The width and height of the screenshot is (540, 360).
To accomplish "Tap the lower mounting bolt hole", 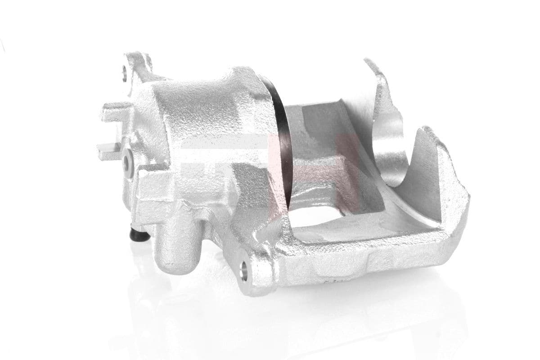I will tap(244, 271).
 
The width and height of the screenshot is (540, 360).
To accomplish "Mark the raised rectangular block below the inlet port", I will tap(153, 193).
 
